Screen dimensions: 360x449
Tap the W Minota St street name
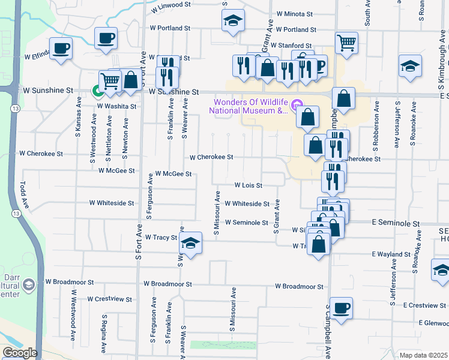pos(295,13)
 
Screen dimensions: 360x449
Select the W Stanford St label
pos(291,45)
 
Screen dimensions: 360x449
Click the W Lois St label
pos(248,185)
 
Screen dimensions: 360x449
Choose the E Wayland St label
pos(391,254)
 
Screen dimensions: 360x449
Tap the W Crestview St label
pos(109,298)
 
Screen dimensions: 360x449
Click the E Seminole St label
pos(395,223)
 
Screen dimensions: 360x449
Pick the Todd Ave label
pos(24,194)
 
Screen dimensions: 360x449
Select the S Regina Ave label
pos(104,333)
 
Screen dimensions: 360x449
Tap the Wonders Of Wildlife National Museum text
pos(249,106)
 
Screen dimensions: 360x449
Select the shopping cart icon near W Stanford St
pos(346,43)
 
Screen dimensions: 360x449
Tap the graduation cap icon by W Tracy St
pos(191,243)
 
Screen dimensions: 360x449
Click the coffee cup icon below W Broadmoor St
pos(341,308)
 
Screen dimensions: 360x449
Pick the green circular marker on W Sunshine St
pos(97,91)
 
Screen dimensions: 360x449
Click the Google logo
pos(20,353)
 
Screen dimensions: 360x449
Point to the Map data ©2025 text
pos(423,355)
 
